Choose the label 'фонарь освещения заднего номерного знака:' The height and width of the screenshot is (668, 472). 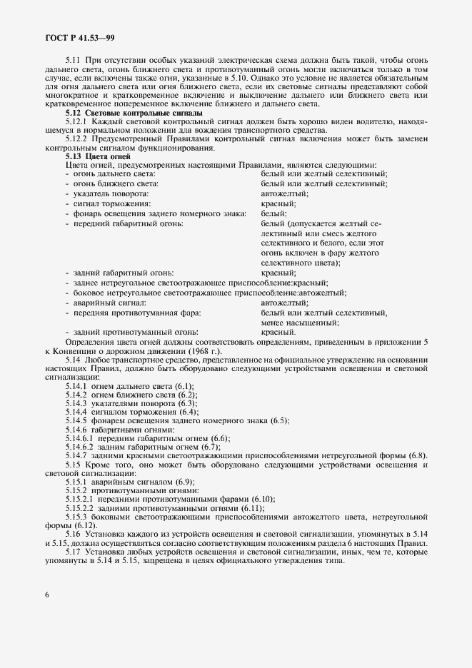(155, 213)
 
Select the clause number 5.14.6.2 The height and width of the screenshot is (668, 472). (79, 446)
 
